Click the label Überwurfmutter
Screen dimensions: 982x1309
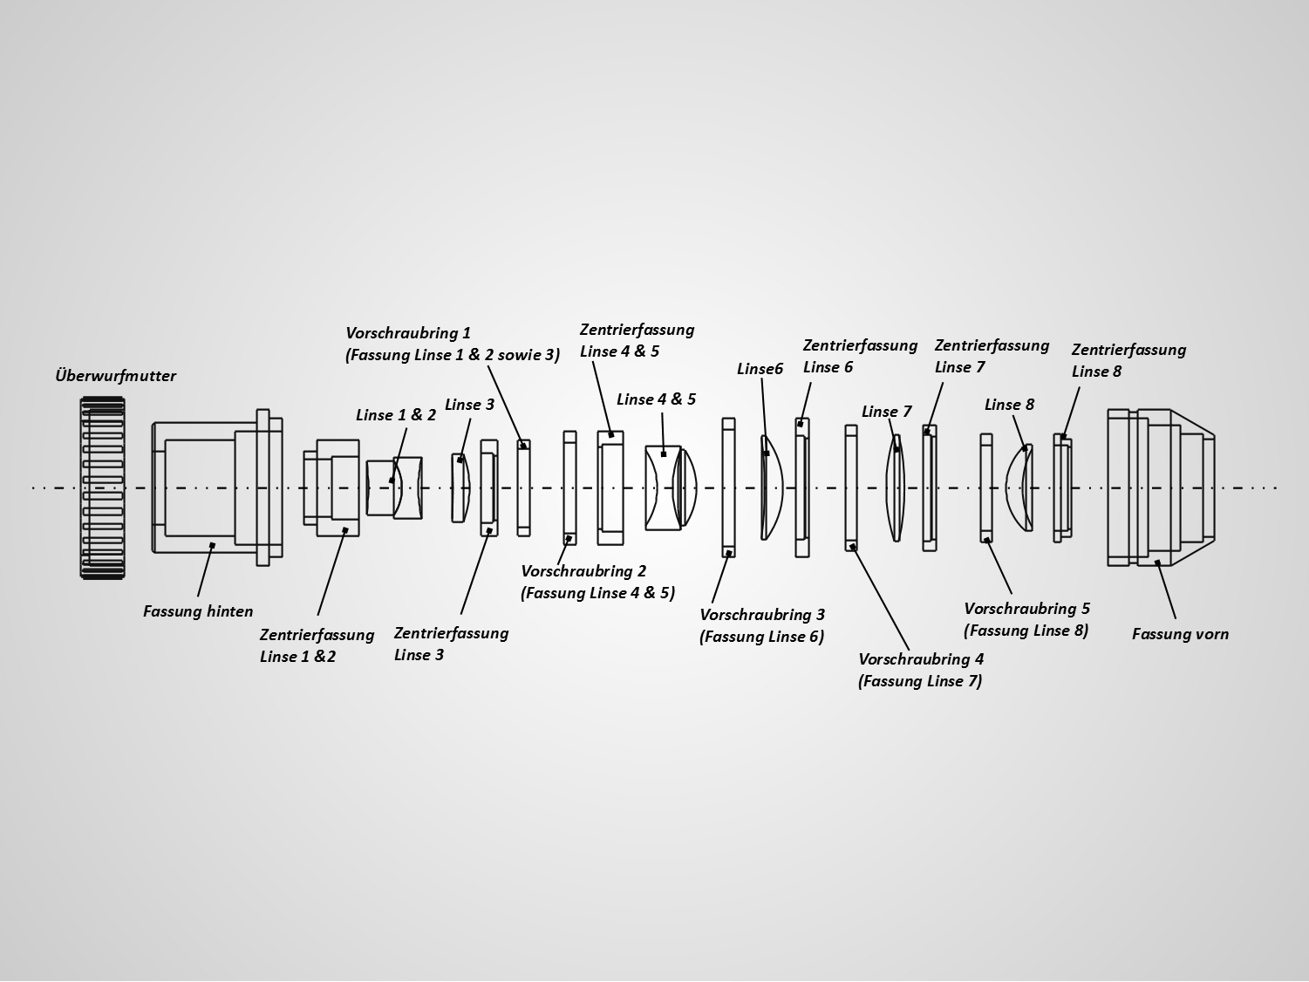115,376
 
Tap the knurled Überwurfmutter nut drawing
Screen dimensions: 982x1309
102,488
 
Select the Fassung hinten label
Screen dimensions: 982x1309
198,611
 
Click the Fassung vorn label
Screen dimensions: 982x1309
1180,634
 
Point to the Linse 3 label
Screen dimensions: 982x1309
469,405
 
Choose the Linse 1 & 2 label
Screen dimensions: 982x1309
395,415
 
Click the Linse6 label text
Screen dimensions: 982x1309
760,369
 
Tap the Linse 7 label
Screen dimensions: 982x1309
886,412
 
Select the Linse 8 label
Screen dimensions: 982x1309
1009,405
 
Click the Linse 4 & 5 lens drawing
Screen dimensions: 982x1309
671,488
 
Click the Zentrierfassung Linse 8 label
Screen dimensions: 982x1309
1128,360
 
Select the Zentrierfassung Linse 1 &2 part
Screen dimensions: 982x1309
331,488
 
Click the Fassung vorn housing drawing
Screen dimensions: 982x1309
1160,488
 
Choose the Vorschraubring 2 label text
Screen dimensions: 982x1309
597,583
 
